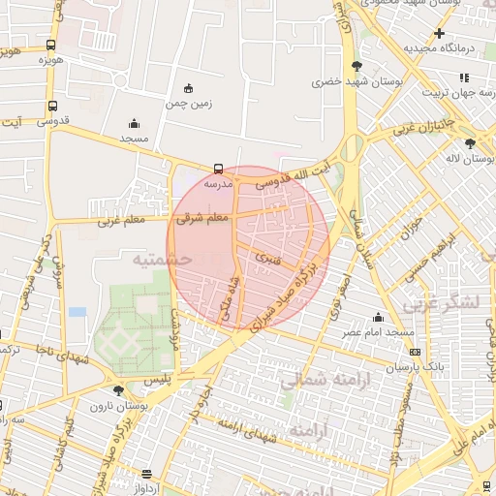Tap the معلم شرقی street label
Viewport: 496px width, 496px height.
203,219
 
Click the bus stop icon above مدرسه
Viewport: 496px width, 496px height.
218,168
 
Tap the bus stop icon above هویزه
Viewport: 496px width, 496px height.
50,45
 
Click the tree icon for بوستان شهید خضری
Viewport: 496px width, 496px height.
358,66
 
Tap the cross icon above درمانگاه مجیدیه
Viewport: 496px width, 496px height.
439,33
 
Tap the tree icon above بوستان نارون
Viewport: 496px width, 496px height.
118,390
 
